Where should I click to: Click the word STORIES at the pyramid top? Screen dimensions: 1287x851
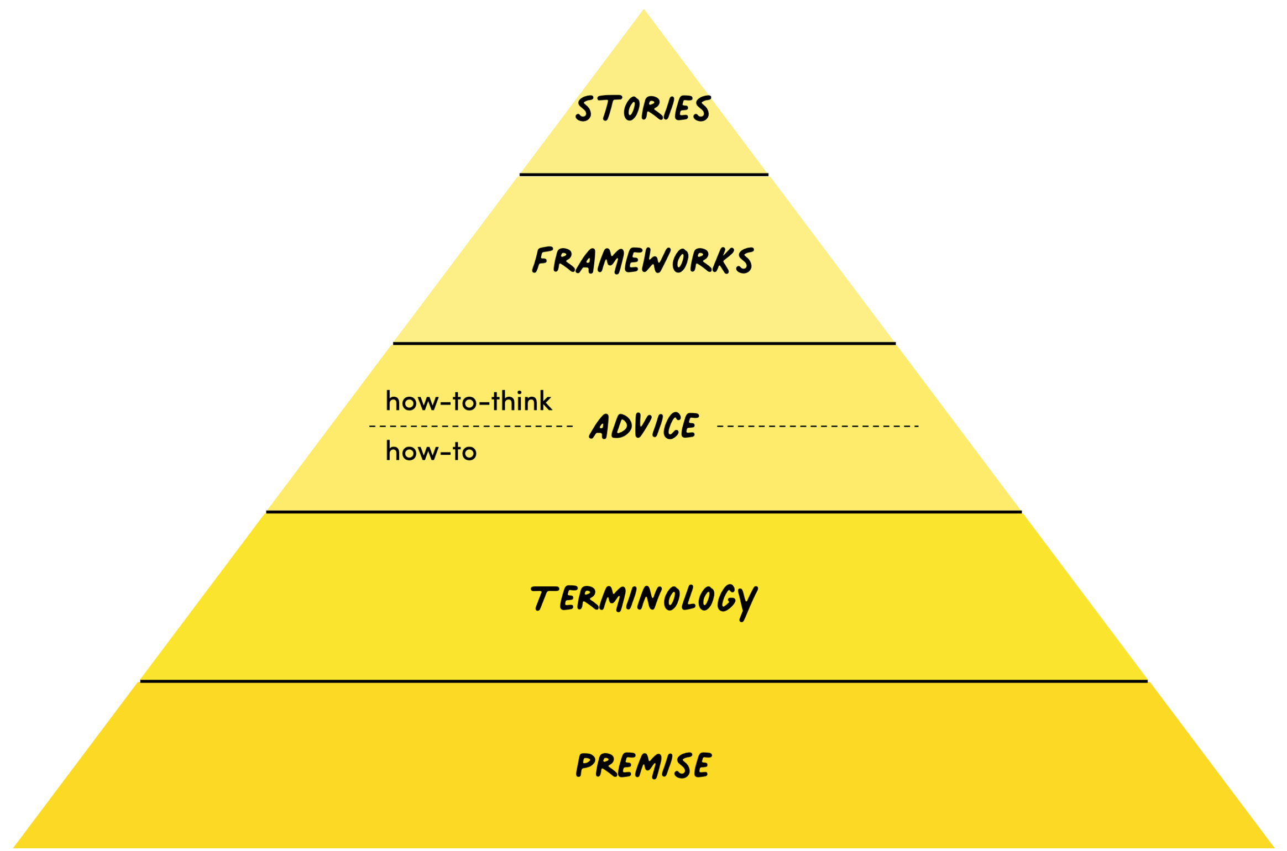click(642, 108)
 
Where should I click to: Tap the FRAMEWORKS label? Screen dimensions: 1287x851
click(642, 260)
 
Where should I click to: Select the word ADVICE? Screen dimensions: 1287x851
click(644, 426)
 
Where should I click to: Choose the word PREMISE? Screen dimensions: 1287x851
click(643, 765)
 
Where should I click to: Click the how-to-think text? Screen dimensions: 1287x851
click(468, 401)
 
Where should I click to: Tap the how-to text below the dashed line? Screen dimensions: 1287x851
click(431, 451)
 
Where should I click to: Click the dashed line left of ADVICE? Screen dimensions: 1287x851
click(470, 426)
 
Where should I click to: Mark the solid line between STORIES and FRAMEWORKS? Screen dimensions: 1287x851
click(643, 175)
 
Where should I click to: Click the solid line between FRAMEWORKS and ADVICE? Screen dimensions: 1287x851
click(643, 343)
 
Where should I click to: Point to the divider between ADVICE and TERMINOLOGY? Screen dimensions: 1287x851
click(643, 512)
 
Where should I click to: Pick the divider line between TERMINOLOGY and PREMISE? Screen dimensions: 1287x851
click(643, 681)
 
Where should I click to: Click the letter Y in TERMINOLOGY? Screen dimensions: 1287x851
click(746, 602)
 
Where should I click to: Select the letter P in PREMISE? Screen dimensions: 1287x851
click(585, 766)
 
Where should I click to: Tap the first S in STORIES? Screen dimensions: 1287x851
click(584, 109)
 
